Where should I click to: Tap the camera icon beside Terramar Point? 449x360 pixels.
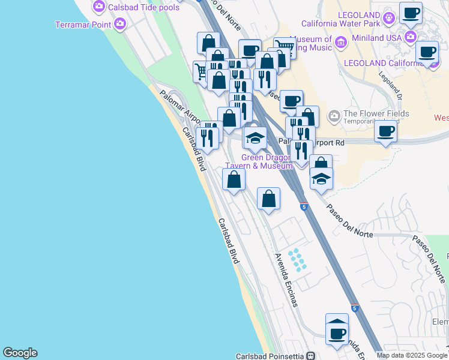(x=120, y=24)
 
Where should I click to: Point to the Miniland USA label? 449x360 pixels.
(x=376, y=37)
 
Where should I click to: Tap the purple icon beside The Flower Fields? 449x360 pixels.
(x=334, y=115)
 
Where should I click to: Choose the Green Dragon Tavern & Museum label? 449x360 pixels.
(x=258, y=162)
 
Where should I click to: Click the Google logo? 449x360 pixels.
(x=20, y=353)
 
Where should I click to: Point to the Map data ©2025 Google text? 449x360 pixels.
(x=412, y=355)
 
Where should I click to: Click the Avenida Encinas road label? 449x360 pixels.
(x=286, y=279)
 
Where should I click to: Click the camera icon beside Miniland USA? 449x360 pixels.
(x=411, y=37)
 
